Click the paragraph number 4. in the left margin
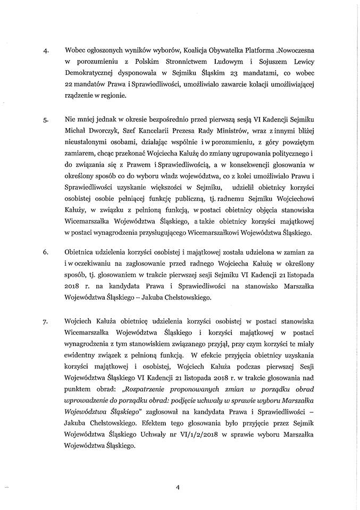46,52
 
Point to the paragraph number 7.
46,308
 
